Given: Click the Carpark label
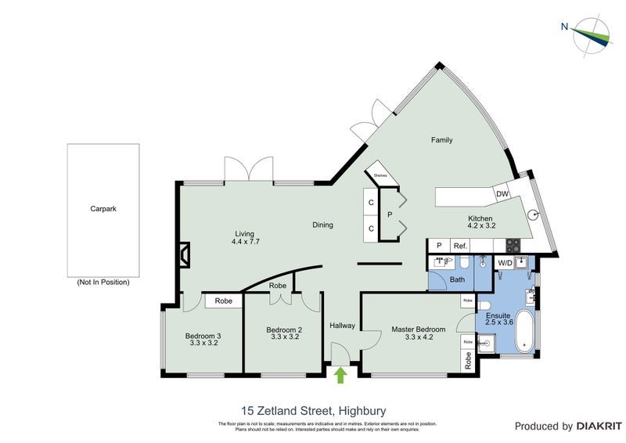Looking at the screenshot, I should tap(103, 209).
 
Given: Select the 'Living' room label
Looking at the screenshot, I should tap(245, 233).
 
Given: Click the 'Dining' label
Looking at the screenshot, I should tap(322, 225).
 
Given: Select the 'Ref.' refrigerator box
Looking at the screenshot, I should tap(460, 246).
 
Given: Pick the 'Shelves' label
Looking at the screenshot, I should tap(381, 176).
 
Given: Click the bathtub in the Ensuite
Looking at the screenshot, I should tap(525, 332).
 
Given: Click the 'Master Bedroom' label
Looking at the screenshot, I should tap(418, 330).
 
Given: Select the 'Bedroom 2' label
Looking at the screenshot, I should tap(283, 330).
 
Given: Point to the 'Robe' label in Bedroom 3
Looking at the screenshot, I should tap(223, 301).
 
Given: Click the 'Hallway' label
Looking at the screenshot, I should tap(342, 326).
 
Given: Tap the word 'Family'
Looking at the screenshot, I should tap(442, 141).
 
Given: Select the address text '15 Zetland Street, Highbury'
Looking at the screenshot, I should tap(312, 410).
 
